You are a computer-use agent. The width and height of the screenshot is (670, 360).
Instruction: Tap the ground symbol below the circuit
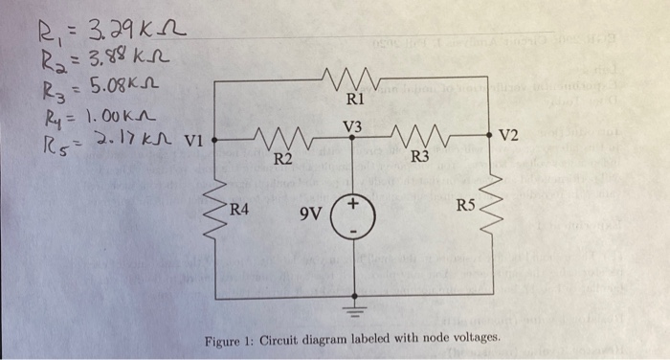point(355,309)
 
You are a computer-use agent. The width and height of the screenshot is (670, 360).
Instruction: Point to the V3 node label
point(353,125)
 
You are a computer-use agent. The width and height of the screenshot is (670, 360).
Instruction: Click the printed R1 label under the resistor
point(355,99)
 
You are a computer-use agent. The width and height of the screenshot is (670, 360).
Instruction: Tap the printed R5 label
point(465,204)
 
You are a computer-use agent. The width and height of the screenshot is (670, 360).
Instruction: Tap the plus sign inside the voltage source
point(355,205)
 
